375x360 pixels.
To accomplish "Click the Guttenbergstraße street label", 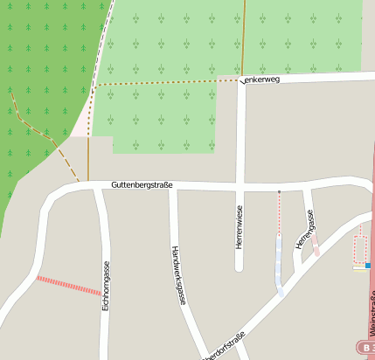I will coord(142,185).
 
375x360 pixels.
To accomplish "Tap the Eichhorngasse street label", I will coord(106,287).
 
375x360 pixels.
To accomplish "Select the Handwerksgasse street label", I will coord(178,274).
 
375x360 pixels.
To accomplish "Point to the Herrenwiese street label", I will coord(239,227).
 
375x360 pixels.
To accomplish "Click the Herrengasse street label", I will coord(305,230).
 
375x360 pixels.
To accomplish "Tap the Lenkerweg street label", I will coord(261,80).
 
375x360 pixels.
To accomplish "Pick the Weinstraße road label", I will coord(372,315).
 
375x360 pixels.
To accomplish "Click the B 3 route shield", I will coord(365,346).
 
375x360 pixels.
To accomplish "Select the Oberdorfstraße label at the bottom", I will coord(224,347).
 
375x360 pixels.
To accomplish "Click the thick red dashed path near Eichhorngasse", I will coord(68,286).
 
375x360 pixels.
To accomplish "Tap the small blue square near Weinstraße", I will coord(368,265).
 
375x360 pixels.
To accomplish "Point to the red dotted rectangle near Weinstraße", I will coord(359,248).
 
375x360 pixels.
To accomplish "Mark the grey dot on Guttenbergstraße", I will coord(279,190).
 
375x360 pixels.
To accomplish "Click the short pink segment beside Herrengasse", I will coord(316,250).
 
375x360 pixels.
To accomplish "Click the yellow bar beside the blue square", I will coord(359,269).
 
